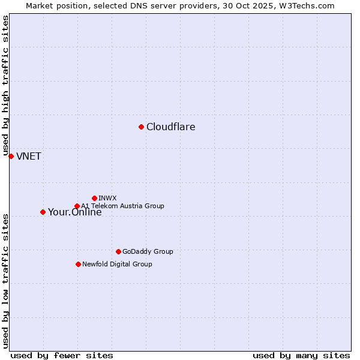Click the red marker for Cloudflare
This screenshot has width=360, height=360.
(x=141, y=127)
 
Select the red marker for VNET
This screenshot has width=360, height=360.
(x=11, y=156)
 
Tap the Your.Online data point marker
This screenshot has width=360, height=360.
(x=43, y=212)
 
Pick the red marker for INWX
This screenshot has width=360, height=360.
(x=94, y=198)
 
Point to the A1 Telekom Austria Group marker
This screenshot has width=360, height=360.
(x=77, y=206)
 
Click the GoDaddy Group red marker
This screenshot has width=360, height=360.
(x=118, y=251)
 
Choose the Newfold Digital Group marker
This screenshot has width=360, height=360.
(x=78, y=264)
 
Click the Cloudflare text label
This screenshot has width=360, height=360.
(x=170, y=127)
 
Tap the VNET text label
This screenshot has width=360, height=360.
(x=29, y=157)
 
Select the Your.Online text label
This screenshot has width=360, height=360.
(x=74, y=212)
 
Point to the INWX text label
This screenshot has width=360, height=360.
(x=107, y=198)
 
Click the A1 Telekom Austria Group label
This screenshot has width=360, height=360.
(x=122, y=206)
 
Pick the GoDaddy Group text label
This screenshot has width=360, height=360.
(x=148, y=251)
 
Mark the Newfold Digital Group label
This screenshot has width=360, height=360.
(x=117, y=264)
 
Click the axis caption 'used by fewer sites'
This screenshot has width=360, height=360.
(x=62, y=355)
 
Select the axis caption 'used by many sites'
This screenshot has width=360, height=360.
(x=301, y=355)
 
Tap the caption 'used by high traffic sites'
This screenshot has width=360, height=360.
(x=5, y=88)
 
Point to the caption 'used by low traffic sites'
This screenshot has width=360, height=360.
(x=5, y=280)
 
